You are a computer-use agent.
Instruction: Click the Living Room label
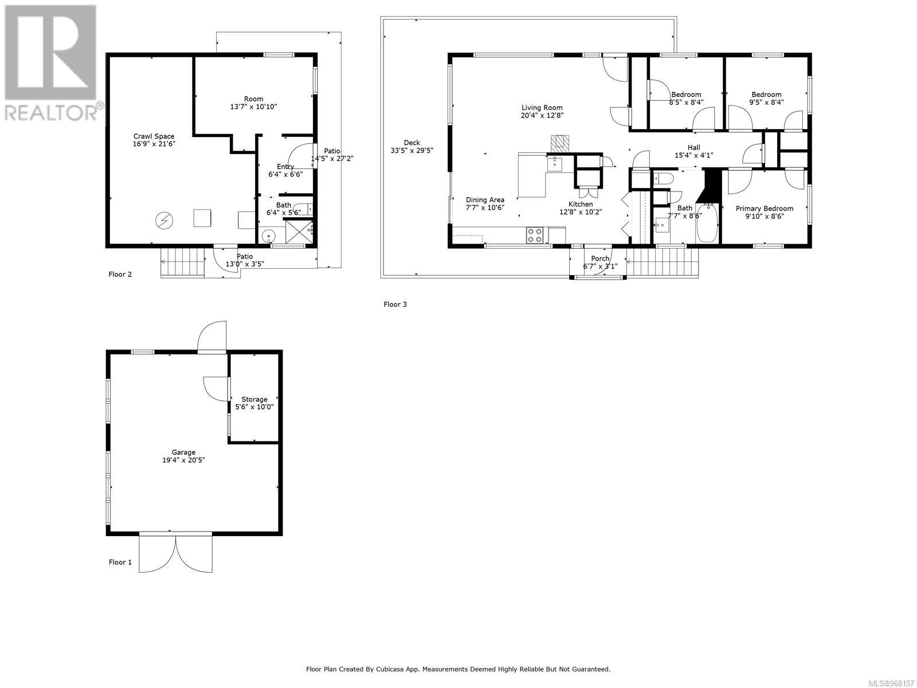542,107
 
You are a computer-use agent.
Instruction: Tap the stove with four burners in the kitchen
535,235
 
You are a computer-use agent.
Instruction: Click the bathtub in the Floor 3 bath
707,225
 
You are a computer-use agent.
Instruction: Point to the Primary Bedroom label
765,209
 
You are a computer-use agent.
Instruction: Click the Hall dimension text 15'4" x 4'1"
693,155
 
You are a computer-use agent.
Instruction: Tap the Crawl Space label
154,136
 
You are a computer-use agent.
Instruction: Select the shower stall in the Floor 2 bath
299,232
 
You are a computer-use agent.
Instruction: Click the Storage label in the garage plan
254,399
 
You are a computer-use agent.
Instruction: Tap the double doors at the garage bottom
176,552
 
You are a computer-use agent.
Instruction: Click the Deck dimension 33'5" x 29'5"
412,151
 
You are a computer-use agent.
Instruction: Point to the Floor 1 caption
120,562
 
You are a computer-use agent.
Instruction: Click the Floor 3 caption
395,304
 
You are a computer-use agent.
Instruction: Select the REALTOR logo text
52,111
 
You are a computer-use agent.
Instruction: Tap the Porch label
600,259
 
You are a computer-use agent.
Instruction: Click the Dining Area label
485,200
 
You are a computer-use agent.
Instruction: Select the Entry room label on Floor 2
285,166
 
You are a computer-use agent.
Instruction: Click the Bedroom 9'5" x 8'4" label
766,95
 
